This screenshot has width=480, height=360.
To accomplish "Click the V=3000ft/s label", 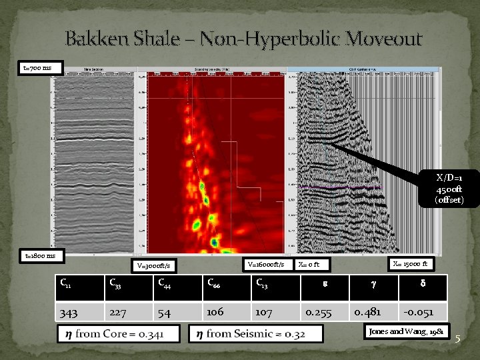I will [x=153, y=266].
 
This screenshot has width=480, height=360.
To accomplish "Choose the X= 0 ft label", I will [x=313, y=265].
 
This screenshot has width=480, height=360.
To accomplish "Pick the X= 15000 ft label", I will [x=410, y=263].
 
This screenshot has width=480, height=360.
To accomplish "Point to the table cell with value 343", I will [x=69, y=311].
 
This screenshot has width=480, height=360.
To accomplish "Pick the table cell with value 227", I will [x=118, y=311].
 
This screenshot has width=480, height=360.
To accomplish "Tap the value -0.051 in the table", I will [x=419, y=311].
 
